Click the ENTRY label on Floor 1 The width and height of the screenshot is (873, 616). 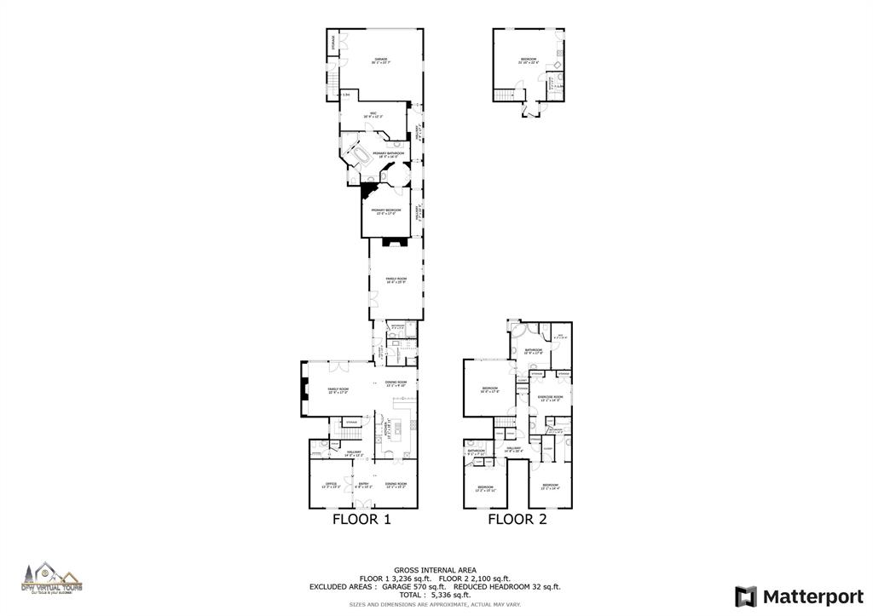click(363, 485)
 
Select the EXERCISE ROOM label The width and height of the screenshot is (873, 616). click(546, 398)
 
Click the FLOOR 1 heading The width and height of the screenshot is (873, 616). click(362, 519)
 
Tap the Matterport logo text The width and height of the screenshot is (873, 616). click(810, 596)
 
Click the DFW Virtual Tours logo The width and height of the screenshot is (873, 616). click(52, 579)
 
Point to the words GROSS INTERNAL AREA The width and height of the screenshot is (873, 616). click(435, 570)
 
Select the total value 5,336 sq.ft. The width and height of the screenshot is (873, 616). click(453, 594)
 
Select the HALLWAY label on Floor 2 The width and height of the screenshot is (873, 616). click(513, 449)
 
